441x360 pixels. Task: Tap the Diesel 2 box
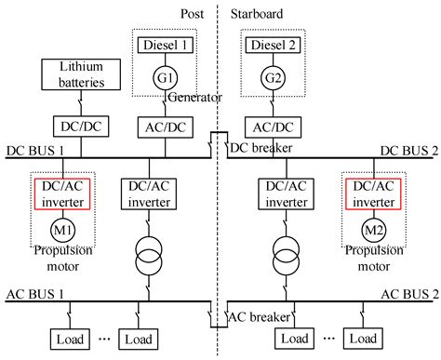[x=275, y=45]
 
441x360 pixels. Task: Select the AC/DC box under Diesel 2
[x=275, y=124]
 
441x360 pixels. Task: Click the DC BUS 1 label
[x=36, y=149]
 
